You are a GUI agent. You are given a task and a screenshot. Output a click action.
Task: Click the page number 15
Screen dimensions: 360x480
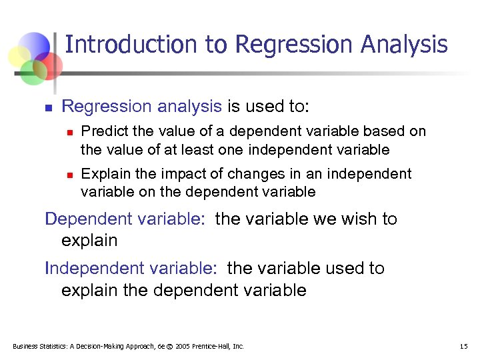(x=464, y=346)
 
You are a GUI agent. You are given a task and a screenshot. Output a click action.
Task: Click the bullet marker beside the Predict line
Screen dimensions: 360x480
(x=69, y=132)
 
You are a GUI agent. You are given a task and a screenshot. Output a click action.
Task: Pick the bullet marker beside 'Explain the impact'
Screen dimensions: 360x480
(x=69, y=175)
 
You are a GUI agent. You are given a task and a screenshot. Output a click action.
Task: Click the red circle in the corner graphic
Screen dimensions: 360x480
(x=49, y=65)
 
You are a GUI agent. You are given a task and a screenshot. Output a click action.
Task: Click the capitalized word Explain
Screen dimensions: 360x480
(x=101, y=174)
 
